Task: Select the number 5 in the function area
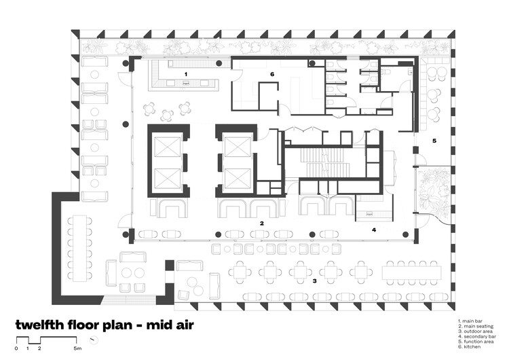(x=434, y=141)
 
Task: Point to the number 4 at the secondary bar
(x=373, y=230)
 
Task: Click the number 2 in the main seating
(x=261, y=223)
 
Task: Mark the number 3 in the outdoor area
(x=314, y=280)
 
